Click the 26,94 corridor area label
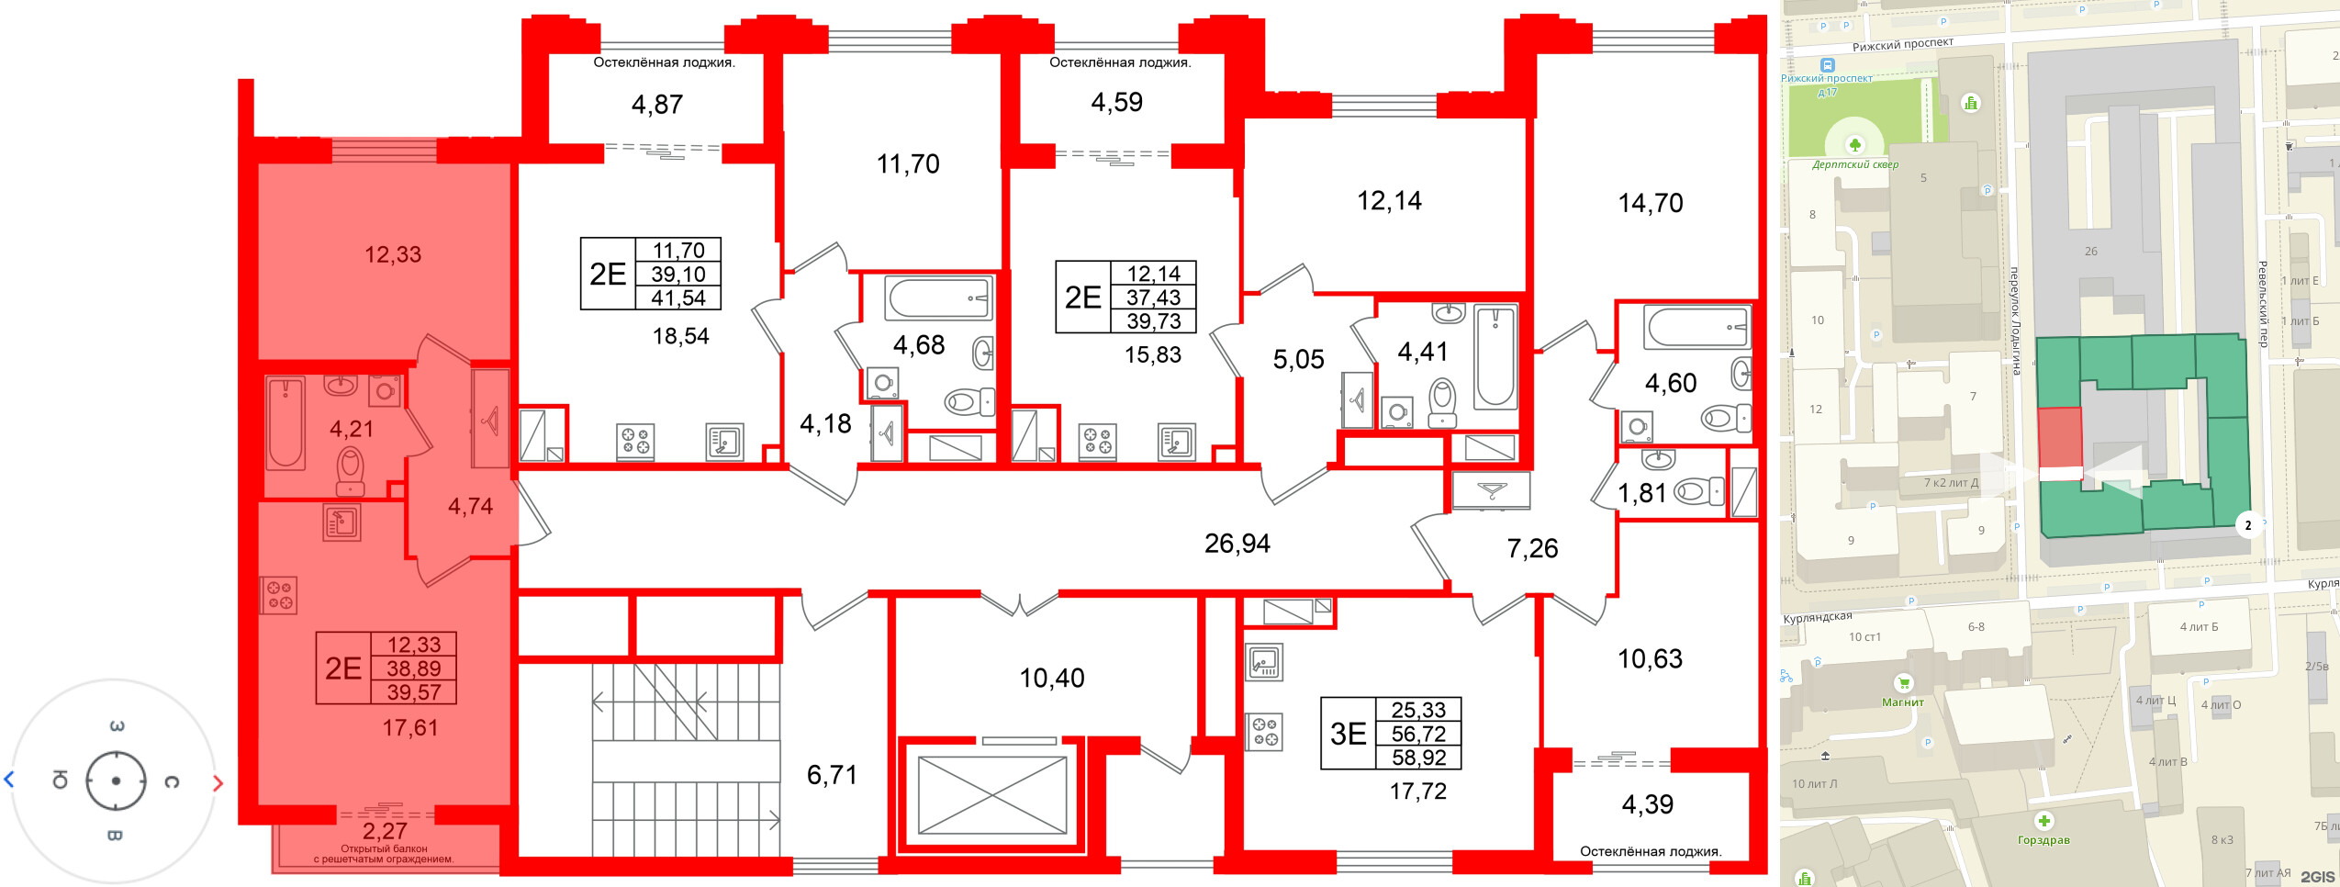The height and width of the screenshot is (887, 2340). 1237,544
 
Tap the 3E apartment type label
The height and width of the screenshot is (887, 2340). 1348,734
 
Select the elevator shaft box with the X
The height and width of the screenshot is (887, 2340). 992,794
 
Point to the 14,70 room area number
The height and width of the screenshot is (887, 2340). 1650,203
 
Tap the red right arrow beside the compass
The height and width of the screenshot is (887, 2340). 218,783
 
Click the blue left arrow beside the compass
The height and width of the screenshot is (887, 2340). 10,780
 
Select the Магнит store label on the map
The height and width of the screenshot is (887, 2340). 1902,702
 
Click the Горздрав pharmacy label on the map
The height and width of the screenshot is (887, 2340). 2043,839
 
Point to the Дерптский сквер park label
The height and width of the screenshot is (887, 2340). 1854,164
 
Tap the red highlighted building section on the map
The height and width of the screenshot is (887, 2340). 2059,437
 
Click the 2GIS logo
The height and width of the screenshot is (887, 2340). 2316,876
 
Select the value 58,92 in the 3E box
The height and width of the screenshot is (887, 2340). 1418,758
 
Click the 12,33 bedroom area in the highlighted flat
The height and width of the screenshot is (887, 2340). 393,254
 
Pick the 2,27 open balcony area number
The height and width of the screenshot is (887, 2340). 385,831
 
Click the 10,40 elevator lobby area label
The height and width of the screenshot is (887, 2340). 1052,678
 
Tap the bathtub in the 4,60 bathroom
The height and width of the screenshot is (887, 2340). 1696,327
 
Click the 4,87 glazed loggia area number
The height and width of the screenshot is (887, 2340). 656,105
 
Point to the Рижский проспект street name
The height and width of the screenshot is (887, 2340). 1902,44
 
